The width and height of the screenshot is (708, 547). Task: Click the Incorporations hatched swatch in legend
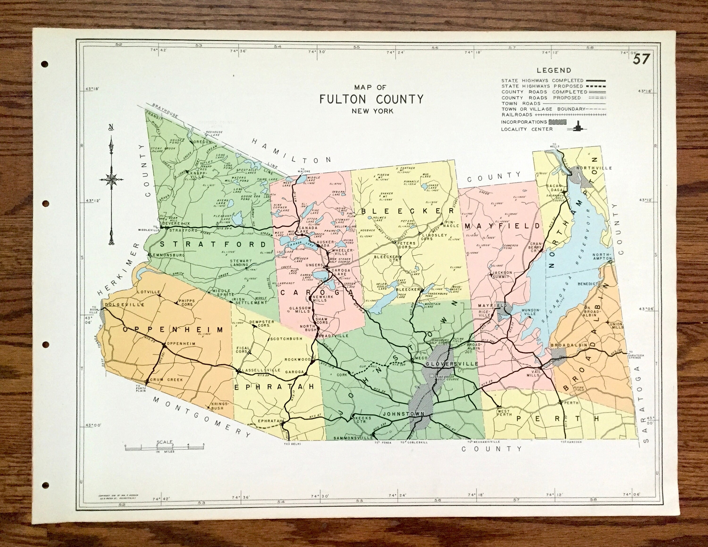coord(557,122)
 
